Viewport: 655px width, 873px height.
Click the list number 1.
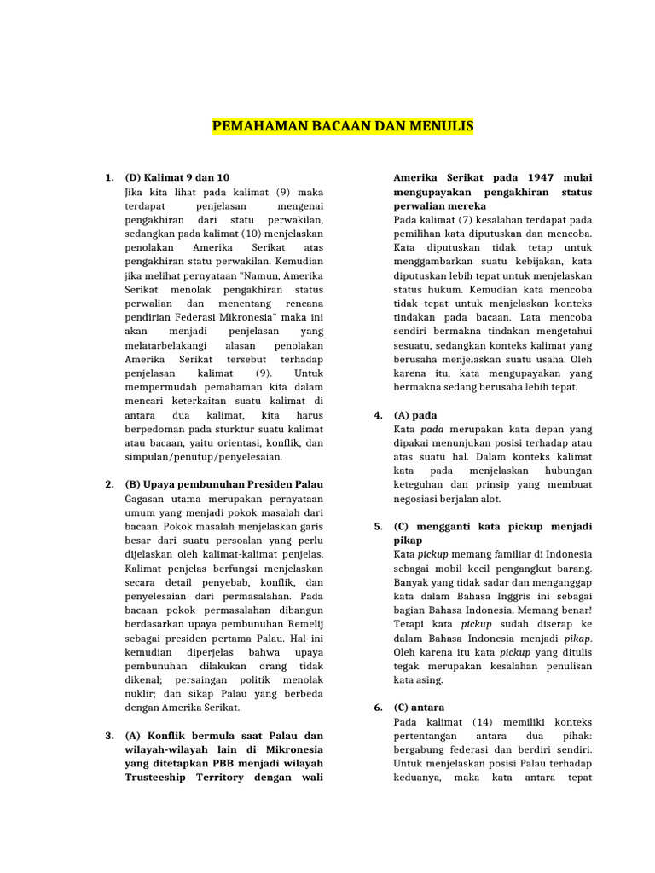[109, 177]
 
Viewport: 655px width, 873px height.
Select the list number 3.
[109, 736]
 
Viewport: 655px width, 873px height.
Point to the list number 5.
[377, 527]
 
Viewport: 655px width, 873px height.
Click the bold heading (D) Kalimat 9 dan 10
[177, 177]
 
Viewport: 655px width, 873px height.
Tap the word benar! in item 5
[574, 610]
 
